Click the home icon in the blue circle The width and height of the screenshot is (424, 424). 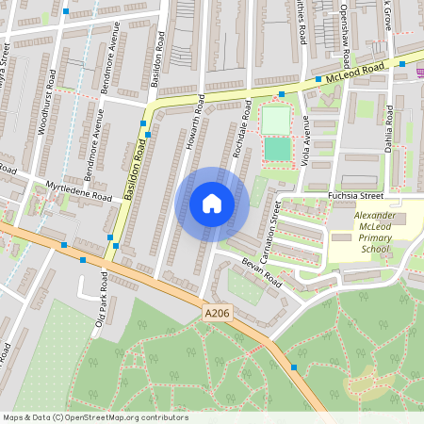pyautogui.click(x=212, y=204)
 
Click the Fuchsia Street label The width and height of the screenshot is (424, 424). pyautogui.click(x=356, y=196)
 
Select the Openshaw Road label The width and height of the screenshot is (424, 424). pyautogui.click(x=345, y=27)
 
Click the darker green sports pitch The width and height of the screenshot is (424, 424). pyautogui.click(x=277, y=149)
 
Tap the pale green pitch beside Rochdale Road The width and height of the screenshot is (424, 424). pyautogui.click(x=275, y=121)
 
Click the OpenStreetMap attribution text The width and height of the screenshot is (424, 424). pyautogui.click(x=95, y=417)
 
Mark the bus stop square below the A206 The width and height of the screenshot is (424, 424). pyautogui.click(x=294, y=367)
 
